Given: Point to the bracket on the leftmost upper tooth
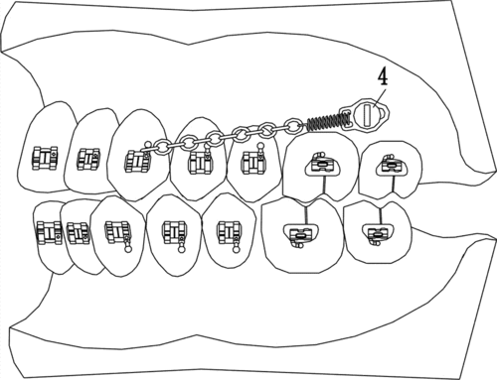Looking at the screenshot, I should pyautogui.click(x=46, y=155).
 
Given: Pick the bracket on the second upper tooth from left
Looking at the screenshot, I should pyautogui.click(x=89, y=156).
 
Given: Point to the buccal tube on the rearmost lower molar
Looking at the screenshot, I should pyautogui.click(x=377, y=233).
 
